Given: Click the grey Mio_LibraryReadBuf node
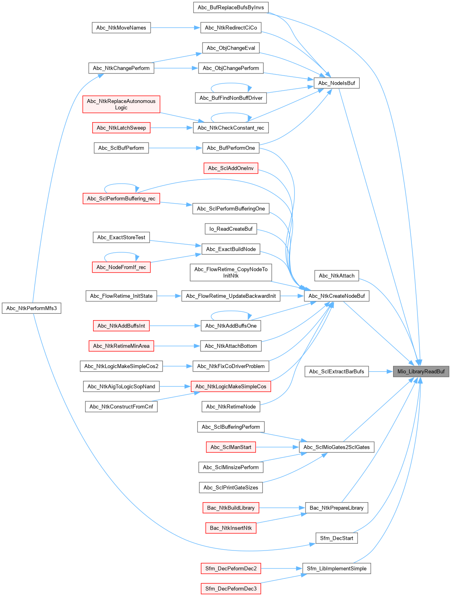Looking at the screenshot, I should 421,371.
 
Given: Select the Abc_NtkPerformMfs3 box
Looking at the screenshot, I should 32,308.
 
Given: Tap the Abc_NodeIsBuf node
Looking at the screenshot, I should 336,83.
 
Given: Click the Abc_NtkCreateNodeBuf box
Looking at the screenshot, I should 336,296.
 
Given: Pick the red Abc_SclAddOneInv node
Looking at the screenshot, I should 230,168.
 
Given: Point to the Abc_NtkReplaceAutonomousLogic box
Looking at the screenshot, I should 121,104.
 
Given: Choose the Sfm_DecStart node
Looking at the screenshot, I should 336,538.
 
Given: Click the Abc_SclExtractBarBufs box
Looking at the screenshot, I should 336,371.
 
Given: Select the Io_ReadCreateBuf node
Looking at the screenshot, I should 231,229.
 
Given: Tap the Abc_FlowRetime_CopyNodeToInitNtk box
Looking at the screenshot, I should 231,272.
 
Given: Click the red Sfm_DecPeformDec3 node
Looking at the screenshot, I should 230,588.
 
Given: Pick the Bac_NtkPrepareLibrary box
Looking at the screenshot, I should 336,508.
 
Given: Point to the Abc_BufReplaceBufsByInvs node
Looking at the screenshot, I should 230,7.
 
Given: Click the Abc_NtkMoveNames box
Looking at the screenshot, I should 121,28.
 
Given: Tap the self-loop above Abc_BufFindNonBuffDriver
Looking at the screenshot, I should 231,84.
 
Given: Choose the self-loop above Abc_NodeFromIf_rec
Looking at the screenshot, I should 121,253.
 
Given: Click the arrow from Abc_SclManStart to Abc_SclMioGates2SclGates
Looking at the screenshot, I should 277,447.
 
